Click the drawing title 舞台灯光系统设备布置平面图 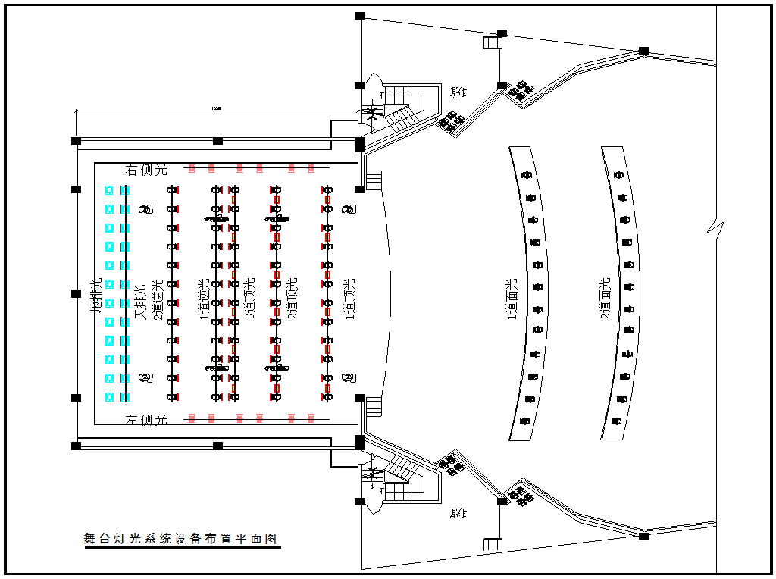180,539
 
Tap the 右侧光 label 146,170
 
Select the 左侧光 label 146,419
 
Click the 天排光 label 140,302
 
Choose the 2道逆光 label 158,299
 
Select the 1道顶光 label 349,299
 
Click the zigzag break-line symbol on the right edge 716,228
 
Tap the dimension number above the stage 217,108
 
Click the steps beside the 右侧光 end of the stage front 374,180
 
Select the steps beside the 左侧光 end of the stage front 374,406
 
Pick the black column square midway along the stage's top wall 217,141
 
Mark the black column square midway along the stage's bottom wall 217,446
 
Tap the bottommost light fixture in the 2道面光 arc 618,420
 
